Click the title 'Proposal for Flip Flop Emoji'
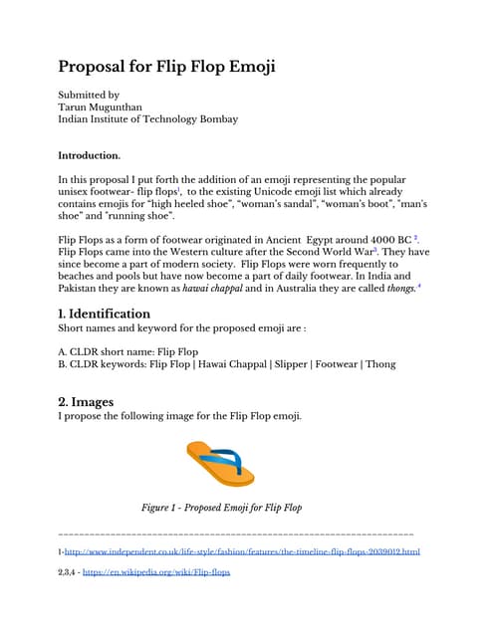click(166, 67)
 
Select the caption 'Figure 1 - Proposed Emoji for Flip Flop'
click(221, 508)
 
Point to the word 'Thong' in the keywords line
click(380, 364)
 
